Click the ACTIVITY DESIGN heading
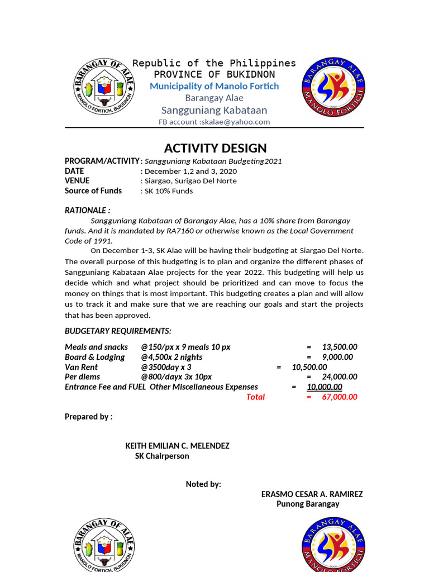[x=215, y=148]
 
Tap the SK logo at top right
[x=333, y=87]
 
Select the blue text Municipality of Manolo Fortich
[x=214, y=86]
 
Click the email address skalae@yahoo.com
[x=235, y=122]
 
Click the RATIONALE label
[x=87, y=210]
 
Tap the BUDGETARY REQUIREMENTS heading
[x=118, y=331]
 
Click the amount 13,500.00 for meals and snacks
[x=340, y=347]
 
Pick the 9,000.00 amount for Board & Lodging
[x=337, y=357]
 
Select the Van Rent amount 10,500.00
[x=309, y=367]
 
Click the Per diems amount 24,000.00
[x=340, y=377]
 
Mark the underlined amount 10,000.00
[x=324, y=387]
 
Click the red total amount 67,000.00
[x=340, y=397]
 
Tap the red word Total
[x=255, y=397]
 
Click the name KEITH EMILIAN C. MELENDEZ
[x=177, y=446]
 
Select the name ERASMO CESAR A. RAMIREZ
[x=312, y=494]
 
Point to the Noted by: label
[x=203, y=484]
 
